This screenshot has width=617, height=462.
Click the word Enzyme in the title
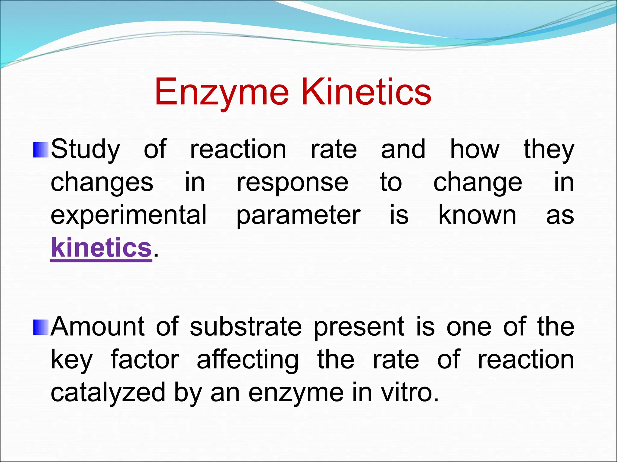(x=222, y=93)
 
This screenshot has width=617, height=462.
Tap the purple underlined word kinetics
(x=101, y=248)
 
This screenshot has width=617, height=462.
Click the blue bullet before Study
(x=41, y=150)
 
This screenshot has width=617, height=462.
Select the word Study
(x=86, y=150)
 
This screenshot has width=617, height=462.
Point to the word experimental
(x=129, y=215)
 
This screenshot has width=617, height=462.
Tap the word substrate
(x=246, y=327)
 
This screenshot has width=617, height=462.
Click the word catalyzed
(x=108, y=393)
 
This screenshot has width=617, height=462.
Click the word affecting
(x=248, y=360)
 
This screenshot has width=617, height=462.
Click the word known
(x=477, y=215)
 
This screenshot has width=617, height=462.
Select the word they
(x=549, y=150)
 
